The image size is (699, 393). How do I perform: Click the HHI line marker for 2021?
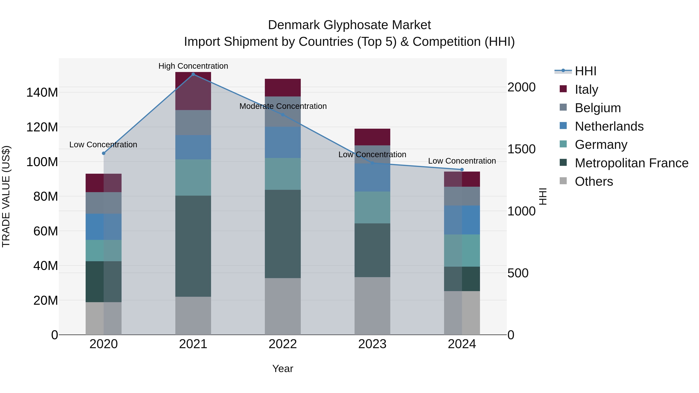193,74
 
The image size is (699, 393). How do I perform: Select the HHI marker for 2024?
462,169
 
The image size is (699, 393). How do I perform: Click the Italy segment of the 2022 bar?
283,88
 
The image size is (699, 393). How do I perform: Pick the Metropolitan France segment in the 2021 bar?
193,246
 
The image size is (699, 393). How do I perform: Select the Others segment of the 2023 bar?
372,306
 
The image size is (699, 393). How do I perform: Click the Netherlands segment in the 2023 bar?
372,178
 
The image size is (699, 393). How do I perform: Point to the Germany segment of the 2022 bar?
283,174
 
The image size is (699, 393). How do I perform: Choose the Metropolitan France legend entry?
631,163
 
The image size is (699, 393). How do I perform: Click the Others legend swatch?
563,181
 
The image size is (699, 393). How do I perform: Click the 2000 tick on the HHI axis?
521,87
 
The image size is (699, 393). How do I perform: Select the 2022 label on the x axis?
283,344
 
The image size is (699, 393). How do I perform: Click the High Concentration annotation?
193,66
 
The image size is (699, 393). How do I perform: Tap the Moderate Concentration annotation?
283,106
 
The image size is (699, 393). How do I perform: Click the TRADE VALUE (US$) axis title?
6,196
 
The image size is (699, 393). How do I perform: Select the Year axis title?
283,369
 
